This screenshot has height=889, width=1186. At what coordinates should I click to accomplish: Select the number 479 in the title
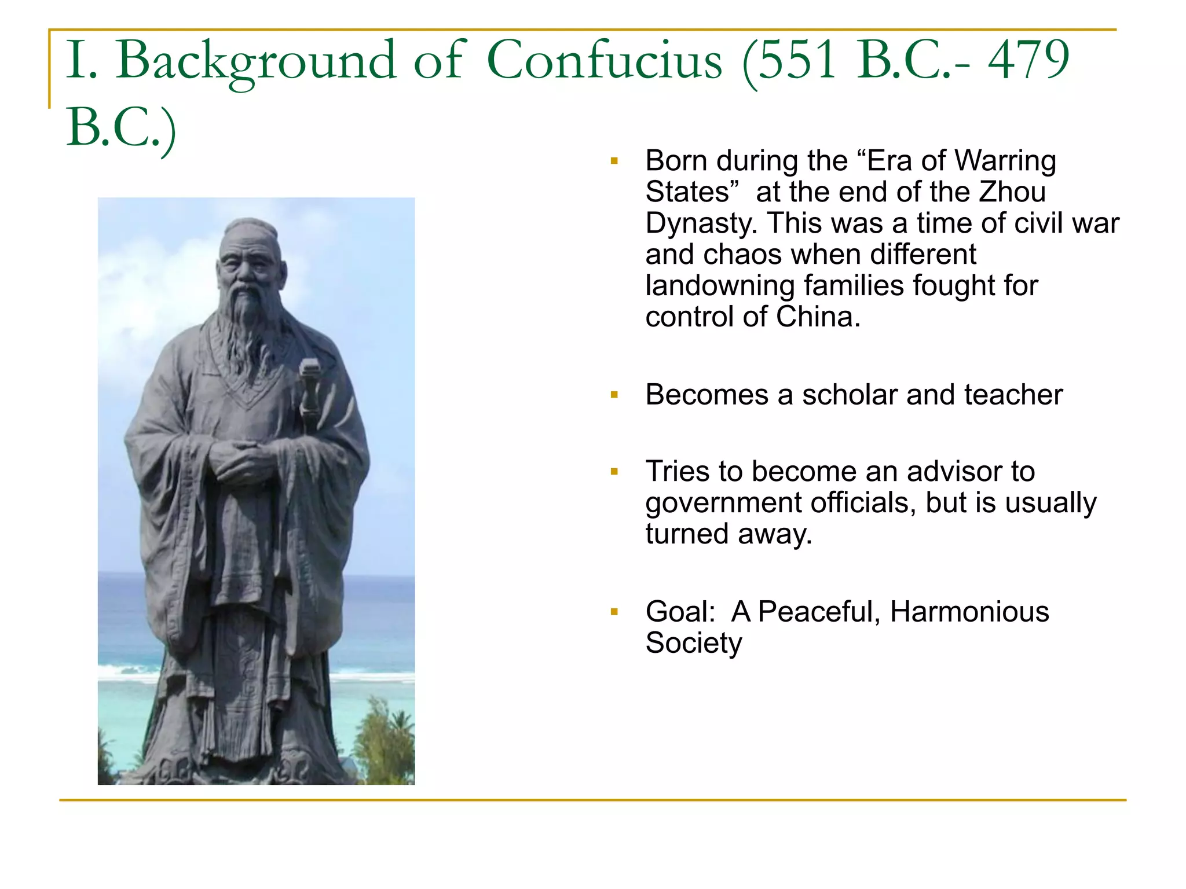point(1028,60)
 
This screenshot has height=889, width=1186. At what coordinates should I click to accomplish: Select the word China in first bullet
point(818,317)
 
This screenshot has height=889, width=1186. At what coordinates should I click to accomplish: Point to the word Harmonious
point(969,612)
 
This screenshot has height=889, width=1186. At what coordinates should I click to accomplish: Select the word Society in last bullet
point(693,643)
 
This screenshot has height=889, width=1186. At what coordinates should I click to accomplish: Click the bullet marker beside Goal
point(614,612)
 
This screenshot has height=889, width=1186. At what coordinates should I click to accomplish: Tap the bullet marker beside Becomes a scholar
point(614,395)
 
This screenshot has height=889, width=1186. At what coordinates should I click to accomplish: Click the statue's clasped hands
point(237,460)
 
